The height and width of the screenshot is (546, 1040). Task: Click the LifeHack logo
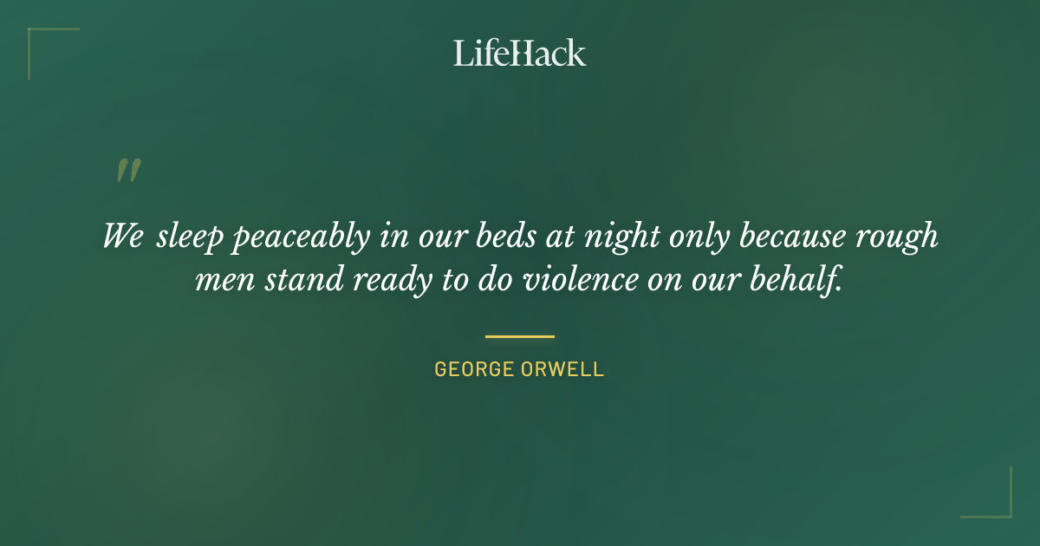click(519, 53)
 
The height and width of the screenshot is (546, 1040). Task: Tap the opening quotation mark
click(127, 171)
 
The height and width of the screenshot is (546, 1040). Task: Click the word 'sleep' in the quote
click(190, 237)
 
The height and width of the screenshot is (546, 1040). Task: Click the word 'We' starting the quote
click(122, 236)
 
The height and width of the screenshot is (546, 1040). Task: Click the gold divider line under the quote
click(519, 336)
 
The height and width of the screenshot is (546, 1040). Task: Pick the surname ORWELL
click(569, 369)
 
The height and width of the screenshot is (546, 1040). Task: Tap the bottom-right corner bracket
click(997, 503)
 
